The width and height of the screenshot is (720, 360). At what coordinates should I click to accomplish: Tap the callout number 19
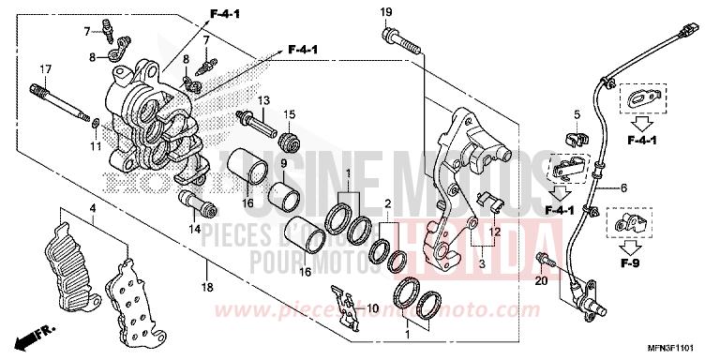pos(385,11)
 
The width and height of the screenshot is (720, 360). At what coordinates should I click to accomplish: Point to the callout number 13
pos(262,99)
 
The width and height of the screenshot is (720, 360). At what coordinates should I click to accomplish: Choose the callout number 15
pos(289,115)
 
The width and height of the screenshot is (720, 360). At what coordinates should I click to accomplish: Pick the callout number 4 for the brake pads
pos(93,207)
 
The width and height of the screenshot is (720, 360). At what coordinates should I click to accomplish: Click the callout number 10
pos(370,309)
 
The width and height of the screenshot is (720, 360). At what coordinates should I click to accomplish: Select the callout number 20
pos(541,280)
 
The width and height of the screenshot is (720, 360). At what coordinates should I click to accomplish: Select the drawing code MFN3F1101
pos(683,349)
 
